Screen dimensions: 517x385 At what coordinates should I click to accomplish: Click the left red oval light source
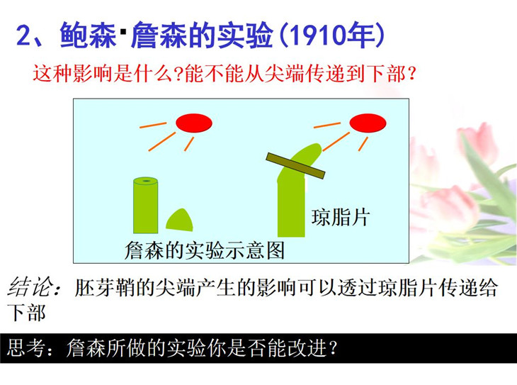194,123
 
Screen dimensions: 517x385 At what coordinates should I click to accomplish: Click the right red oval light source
368,123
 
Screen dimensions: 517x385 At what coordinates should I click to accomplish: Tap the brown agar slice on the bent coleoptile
295,166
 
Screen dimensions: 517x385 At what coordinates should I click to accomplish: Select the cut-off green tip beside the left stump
179,220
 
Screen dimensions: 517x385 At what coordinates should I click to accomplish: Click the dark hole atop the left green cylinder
145,181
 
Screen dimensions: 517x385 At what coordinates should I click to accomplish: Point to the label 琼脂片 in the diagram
341,217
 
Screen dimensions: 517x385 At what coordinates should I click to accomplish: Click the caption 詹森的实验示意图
205,250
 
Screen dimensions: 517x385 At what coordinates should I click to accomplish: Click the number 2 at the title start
24,35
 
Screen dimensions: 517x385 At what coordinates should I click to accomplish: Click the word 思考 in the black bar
25,347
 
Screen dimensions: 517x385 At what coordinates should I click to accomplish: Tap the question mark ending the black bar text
334,347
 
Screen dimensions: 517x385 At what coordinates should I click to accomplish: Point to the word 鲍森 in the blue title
88,35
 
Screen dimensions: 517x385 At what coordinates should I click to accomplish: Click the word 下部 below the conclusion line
26,312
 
